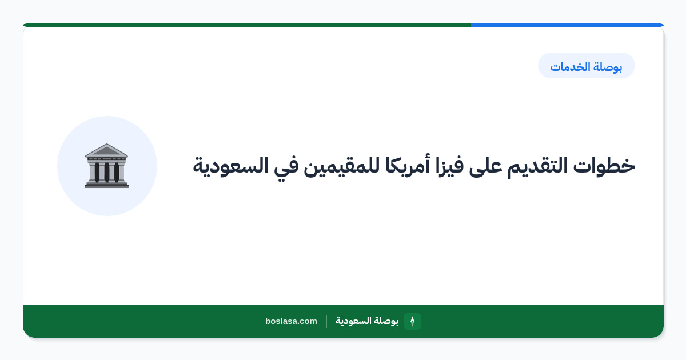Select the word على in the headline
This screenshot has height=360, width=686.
(485, 167)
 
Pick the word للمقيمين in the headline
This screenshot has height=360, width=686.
(341, 167)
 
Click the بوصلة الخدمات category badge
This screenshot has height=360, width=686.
(587, 66)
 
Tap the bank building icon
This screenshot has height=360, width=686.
(106, 166)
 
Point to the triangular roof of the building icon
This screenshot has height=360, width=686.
(106, 150)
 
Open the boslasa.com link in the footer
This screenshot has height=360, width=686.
(291, 321)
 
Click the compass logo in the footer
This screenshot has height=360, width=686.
(412, 321)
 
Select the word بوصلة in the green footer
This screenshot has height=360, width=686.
(386, 321)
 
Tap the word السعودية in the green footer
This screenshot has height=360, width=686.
(353, 321)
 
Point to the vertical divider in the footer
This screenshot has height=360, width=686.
(326, 321)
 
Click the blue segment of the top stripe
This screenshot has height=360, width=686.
(567, 25)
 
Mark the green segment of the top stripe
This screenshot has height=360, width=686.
(247, 25)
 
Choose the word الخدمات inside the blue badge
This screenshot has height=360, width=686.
(571, 66)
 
